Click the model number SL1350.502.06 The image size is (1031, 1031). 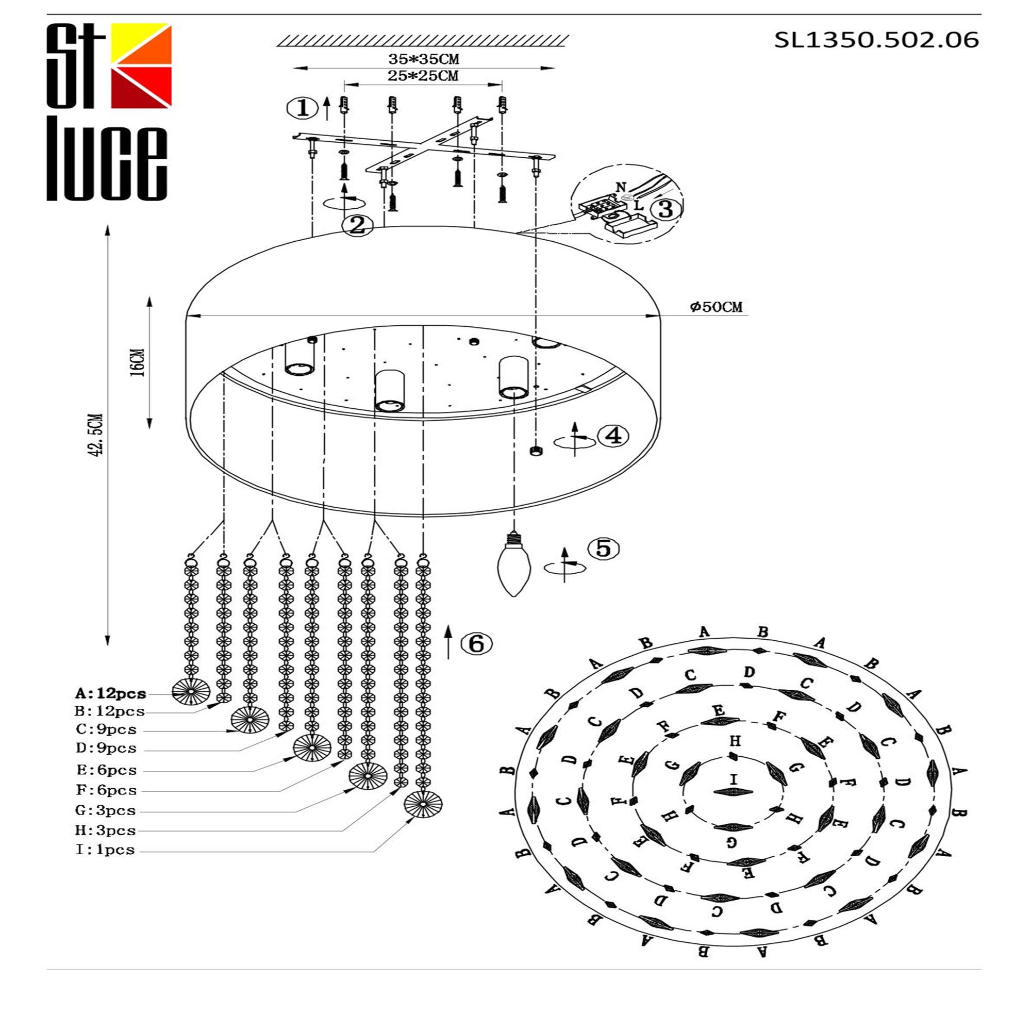[x=876, y=40]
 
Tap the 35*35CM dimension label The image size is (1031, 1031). [x=423, y=59]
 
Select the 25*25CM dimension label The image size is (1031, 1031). [x=423, y=76]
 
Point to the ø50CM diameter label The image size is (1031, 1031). [x=716, y=307]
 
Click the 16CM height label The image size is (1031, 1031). [x=138, y=363]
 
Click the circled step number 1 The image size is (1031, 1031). [x=302, y=108]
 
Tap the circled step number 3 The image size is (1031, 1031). [x=665, y=209]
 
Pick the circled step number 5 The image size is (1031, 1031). [x=603, y=548]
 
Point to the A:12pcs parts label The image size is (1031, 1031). [x=110, y=694]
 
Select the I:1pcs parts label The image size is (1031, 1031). [x=105, y=850]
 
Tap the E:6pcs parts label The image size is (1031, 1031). [x=106, y=770]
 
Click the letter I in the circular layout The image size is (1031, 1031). [x=733, y=779]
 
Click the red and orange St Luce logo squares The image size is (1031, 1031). [x=141, y=65]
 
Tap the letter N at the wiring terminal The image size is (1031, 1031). [x=620, y=187]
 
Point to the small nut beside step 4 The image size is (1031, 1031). [x=536, y=451]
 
